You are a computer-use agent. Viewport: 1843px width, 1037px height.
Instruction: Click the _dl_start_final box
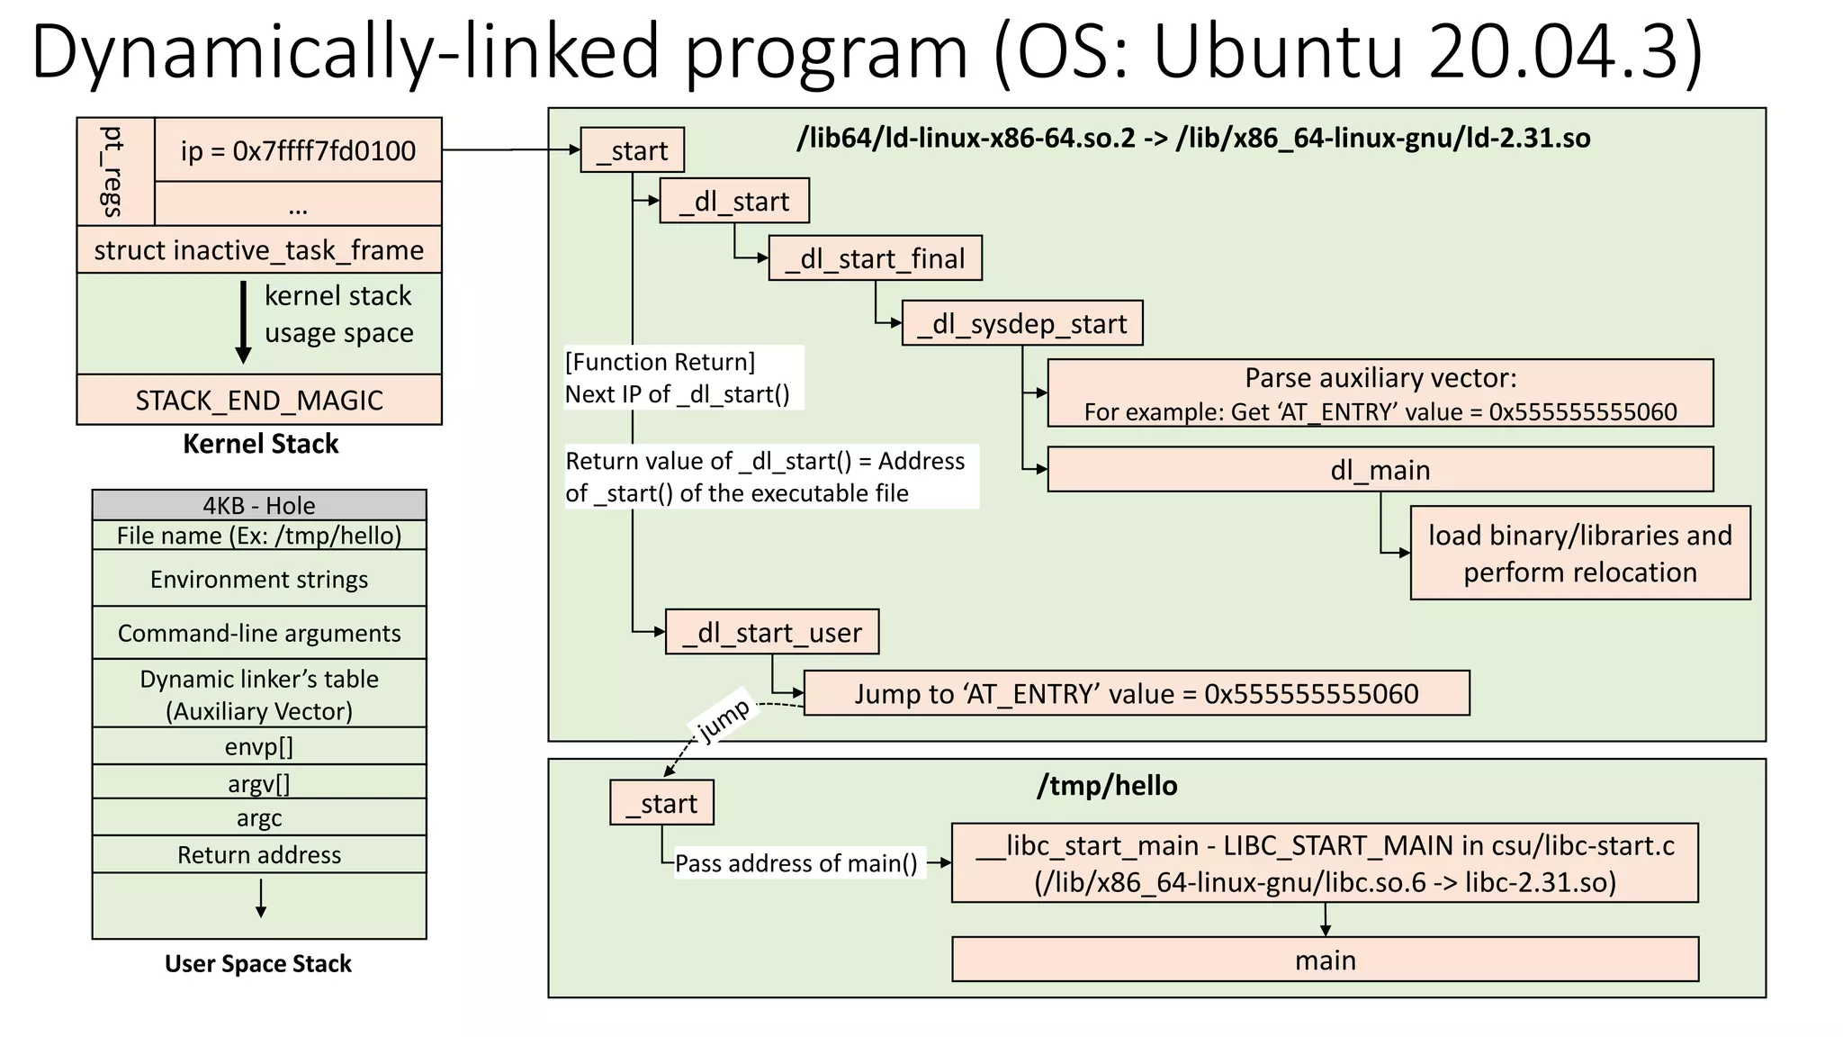click(x=874, y=258)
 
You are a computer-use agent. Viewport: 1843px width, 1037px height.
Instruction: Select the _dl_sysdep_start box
click(x=1021, y=323)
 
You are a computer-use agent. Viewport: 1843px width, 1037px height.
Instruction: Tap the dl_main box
click(x=1380, y=470)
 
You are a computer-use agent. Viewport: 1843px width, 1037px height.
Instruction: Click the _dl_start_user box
click(x=771, y=632)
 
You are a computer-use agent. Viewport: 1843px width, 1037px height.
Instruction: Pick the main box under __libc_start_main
click(x=1325, y=960)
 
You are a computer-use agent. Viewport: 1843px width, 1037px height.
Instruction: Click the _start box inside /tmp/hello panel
click(x=661, y=803)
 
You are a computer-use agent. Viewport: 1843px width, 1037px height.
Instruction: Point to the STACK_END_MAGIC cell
click(x=259, y=400)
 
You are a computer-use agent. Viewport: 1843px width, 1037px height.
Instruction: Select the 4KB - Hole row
click(x=259, y=505)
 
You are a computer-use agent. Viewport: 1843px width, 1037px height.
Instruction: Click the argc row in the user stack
click(x=259, y=818)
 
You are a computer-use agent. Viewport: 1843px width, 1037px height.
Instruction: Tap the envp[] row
click(x=259, y=747)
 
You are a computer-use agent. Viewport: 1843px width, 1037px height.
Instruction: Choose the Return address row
click(x=259, y=854)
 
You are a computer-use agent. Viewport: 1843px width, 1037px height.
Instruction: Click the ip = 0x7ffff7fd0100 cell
click(x=298, y=150)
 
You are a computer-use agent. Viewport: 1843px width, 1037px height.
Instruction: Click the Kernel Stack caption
click(x=260, y=444)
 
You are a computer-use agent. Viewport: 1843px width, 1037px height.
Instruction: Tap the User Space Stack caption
click(x=258, y=964)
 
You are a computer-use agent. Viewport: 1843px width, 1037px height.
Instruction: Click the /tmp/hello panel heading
click(x=1107, y=786)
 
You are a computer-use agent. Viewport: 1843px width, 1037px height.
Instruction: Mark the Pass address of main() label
click(x=796, y=863)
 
